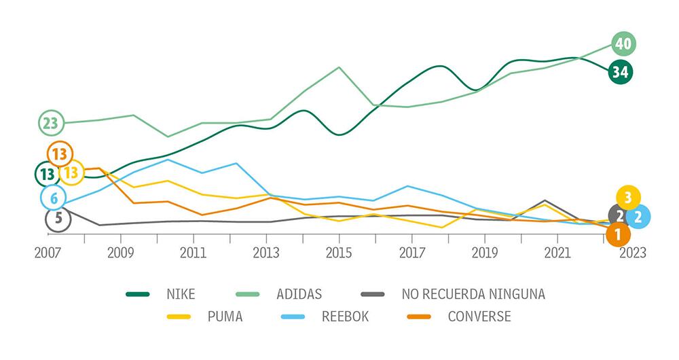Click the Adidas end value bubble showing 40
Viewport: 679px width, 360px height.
[x=623, y=45]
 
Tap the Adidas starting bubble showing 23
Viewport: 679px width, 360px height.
[x=50, y=124]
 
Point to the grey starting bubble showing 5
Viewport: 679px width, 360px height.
[x=58, y=219]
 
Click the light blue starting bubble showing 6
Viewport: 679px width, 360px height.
[x=53, y=198]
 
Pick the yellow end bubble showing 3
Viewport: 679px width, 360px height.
[x=628, y=198]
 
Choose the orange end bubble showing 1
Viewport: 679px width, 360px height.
[x=618, y=235]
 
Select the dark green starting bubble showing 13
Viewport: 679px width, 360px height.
[x=46, y=175]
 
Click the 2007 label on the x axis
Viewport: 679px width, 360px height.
[x=48, y=252]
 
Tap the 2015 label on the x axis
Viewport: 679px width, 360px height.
[x=339, y=252]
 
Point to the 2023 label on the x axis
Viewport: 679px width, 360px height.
[x=631, y=252]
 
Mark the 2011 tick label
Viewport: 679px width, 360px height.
[x=194, y=252]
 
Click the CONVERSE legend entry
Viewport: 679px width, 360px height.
[x=479, y=316]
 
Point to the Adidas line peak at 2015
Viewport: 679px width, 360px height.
[x=339, y=67]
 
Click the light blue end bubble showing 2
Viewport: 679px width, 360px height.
[x=638, y=217]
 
